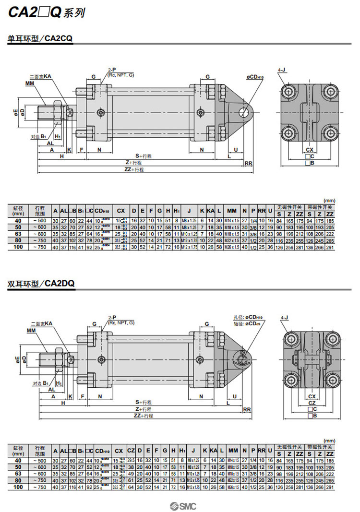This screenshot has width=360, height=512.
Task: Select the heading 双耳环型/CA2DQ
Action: click(x=41, y=283)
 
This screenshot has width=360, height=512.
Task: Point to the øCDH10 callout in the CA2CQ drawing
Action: click(x=255, y=77)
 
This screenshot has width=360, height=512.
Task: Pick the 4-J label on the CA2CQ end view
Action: click(x=282, y=71)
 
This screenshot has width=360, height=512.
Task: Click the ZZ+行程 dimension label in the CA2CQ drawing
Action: click(x=134, y=169)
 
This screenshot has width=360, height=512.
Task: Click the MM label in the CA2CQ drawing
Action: click(x=30, y=83)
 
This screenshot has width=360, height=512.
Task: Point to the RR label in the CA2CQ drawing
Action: click(x=249, y=163)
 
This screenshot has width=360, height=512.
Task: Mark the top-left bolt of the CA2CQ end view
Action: click(x=288, y=91)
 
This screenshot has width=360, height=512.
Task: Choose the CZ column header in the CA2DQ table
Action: click(x=130, y=451)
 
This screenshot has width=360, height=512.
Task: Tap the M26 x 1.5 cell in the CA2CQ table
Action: click(x=232, y=247)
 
